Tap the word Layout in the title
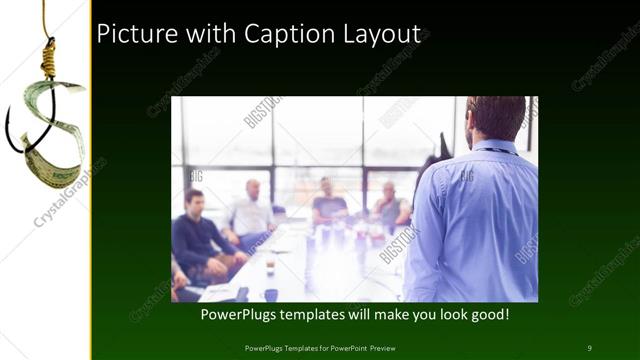376,34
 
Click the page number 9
590,347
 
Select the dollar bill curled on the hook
50,120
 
